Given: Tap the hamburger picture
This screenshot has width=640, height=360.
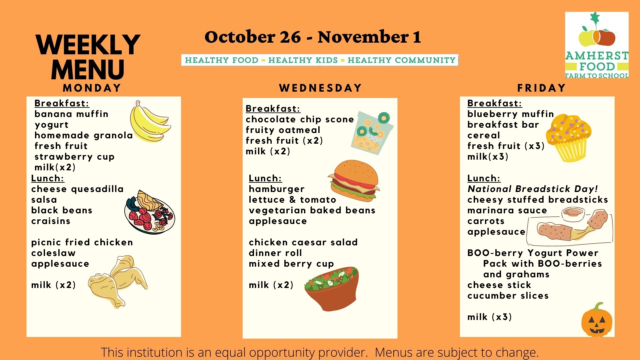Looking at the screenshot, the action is click(x=354, y=181).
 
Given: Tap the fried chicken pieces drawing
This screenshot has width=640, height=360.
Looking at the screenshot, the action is click(x=118, y=281).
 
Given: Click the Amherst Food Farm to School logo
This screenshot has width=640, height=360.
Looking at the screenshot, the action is click(x=597, y=45).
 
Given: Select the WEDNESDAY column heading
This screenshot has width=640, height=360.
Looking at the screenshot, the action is click(x=320, y=88).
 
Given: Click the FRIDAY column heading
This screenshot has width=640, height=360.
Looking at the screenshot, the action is click(x=542, y=88).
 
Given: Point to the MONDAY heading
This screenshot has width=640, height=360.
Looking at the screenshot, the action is click(x=92, y=88).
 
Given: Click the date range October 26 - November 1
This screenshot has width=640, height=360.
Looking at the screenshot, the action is click(x=313, y=37).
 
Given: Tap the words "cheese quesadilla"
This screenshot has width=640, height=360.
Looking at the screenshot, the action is click(x=77, y=189).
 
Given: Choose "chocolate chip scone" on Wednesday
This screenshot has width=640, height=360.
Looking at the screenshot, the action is click(x=300, y=119).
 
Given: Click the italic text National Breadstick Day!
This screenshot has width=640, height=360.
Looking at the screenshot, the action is click(x=533, y=189).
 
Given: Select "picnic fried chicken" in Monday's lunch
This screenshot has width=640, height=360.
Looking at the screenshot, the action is click(x=82, y=242).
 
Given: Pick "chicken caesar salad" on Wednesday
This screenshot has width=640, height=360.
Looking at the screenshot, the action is click(x=303, y=242).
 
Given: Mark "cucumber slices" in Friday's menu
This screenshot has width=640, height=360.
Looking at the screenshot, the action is click(x=508, y=296).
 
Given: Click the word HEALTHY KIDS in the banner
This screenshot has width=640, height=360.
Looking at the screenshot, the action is click(x=303, y=60).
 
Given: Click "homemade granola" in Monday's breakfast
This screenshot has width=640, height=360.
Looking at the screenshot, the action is click(x=84, y=135).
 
